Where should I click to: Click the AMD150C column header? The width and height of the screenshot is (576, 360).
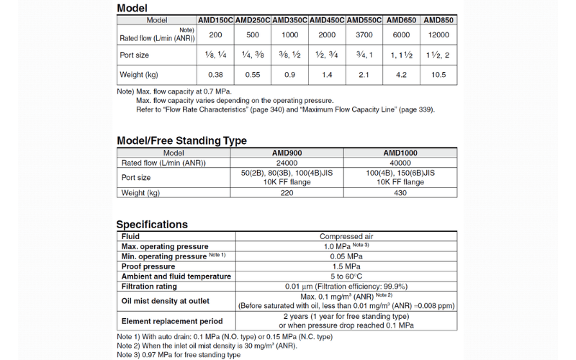click(215, 21)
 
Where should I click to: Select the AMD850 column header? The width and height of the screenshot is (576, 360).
click(438, 21)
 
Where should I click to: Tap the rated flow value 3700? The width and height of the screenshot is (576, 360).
click(364, 35)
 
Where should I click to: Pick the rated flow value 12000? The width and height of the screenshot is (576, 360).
click(438, 35)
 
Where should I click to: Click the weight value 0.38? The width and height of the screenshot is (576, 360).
click(215, 75)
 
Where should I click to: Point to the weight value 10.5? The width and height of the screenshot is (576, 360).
click(438, 75)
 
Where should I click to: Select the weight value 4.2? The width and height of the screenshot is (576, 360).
click(401, 75)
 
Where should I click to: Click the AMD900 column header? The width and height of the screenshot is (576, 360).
click(287, 153)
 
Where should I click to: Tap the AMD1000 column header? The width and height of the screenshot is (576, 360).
click(400, 153)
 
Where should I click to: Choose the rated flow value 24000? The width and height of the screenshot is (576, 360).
click(287, 163)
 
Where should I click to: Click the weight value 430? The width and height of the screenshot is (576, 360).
click(400, 192)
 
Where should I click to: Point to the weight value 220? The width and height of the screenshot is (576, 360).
click(287, 192)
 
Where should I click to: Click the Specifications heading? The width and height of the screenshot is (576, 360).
click(152, 224)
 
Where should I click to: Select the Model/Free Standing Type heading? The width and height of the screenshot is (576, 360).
click(181, 140)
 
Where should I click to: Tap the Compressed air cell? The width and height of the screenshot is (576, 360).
click(346, 236)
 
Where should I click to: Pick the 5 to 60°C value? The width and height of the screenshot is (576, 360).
click(346, 276)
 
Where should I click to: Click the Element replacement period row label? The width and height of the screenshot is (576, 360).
click(172, 321)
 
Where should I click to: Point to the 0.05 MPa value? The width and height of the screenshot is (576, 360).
click(346, 256)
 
